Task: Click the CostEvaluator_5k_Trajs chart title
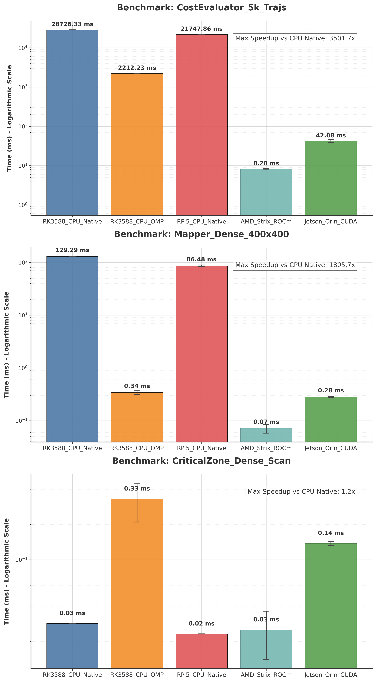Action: click(201, 7)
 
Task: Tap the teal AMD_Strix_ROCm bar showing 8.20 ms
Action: click(266, 192)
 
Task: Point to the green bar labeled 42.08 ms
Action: click(331, 178)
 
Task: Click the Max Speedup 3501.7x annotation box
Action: click(295, 38)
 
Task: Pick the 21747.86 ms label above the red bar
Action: click(201, 29)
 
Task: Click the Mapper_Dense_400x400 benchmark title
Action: click(201, 234)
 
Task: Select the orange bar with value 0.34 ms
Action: click(137, 417)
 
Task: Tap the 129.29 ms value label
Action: click(72, 250)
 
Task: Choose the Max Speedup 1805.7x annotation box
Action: click(295, 265)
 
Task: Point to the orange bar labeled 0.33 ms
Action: click(137, 582)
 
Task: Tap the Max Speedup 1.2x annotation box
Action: click(301, 492)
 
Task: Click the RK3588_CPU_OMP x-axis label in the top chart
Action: click(137, 222)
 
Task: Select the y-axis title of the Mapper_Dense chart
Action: click(7, 345)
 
